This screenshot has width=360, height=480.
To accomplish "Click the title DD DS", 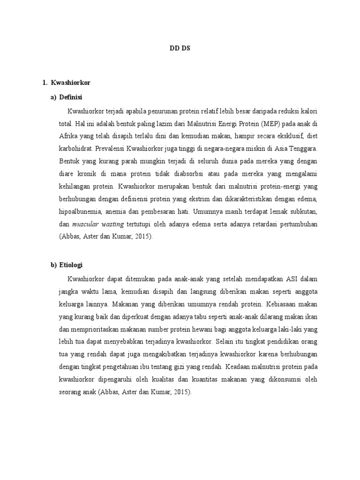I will pos(180,47).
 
